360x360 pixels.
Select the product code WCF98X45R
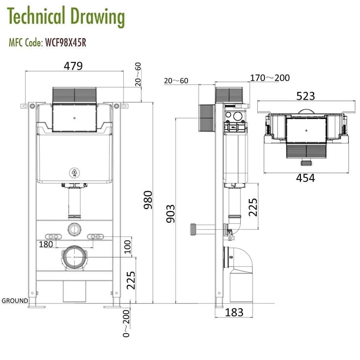pyautogui.click(x=65, y=43)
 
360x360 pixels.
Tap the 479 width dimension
pyautogui.click(x=73, y=66)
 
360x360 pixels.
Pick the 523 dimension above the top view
pyautogui.click(x=305, y=96)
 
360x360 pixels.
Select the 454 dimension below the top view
pyautogui.click(x=305, y=178)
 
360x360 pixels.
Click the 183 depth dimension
pyautogui.click(x=234, y=312)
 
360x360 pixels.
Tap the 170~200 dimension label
pyautogui.click(x=270, y=78)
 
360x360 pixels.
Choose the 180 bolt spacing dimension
pyautogui.click(x=46, y=244)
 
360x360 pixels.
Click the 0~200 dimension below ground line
pyautogui.click(x=126, y=323)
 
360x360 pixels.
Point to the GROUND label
pyautogui.click(x=15, y=301)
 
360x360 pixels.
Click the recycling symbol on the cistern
pyautogui.click(x=75, y=173)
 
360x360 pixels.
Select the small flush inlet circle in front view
pyautogui.click(x=75, y=228)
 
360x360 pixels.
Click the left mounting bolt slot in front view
pyautogui.click(x=53, y=237)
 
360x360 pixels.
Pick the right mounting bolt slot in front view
pyautogui.click(x=96, y=237)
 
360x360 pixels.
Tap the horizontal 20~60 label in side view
pyautogui.click(x=176, y=81)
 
